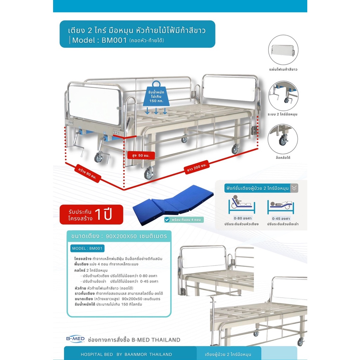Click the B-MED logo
point(75,339)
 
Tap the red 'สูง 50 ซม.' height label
point(141,155)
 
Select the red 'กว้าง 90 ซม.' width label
point(88,173)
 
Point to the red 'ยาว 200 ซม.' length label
point(197,167)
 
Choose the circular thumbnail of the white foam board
point(283,50)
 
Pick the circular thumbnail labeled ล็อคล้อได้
point(283,139)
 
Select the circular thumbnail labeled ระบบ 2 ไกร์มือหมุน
point(283,96)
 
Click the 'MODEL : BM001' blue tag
point(87,249)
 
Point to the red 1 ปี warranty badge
point(91,214)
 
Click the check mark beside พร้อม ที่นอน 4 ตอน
point(167,220)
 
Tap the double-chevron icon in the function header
point(294,188)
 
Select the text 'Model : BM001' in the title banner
point(99,40)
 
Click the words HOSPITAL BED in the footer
point(97,354)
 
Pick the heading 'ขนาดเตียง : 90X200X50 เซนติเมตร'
point(119,236)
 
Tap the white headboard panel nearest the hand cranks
point(95,104)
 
